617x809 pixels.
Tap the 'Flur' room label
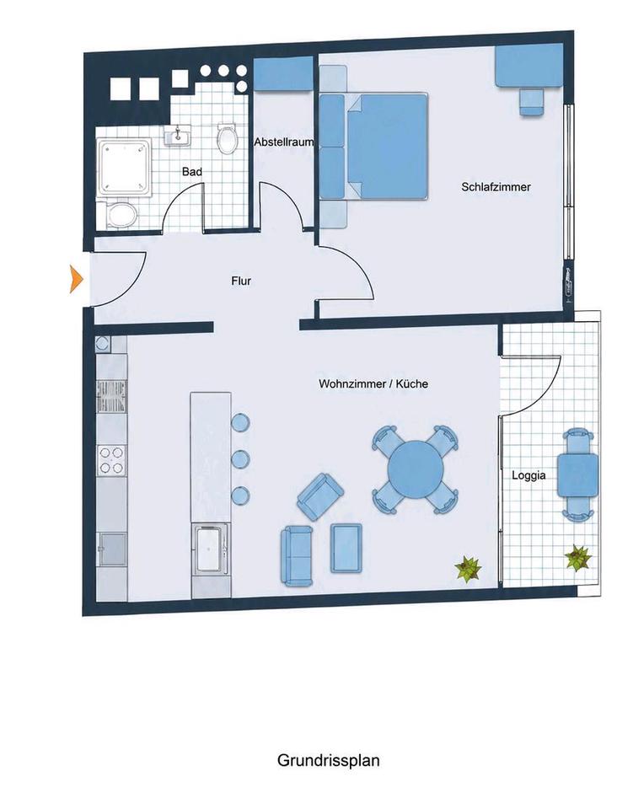tap(241, 281)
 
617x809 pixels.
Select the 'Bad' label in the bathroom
tap(192, 171)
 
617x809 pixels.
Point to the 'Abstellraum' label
tap(284, 142)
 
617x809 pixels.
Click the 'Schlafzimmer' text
tap(496, 187)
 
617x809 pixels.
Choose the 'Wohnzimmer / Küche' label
tap(373, 384)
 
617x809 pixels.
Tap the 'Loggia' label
tap(528, 475)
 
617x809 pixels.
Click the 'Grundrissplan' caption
tap(328, 760)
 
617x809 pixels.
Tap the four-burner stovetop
tap(112, 460)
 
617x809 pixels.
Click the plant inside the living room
tap(468, 569)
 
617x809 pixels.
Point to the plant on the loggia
tap(577, 558)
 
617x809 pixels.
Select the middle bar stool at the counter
tap(241, 458)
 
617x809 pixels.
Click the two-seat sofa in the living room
tap(297, 556)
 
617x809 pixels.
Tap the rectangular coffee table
tap(346, 548)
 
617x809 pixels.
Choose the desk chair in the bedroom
tap(532, 102)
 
